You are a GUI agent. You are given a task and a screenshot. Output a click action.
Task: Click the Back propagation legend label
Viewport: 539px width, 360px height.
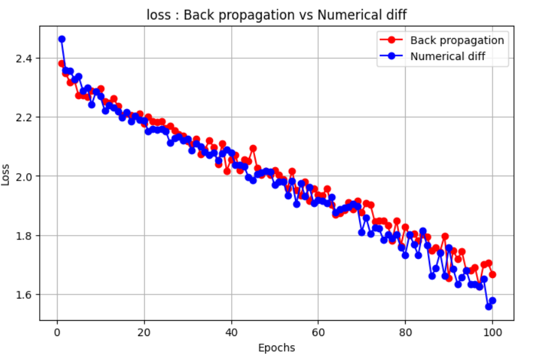(456, 40)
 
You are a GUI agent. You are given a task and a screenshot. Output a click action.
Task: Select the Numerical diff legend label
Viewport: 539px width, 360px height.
(450, 58)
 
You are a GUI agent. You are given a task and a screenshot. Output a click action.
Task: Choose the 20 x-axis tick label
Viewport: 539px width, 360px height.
(144, 332)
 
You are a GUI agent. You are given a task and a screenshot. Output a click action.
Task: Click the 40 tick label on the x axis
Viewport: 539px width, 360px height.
(232, 332)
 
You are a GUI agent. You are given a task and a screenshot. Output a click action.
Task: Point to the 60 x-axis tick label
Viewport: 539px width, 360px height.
(319, 332)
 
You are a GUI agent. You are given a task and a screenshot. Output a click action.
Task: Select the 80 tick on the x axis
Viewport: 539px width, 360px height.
(406, 332)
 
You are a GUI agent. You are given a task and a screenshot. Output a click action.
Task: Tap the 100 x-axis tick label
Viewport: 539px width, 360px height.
(493, 332)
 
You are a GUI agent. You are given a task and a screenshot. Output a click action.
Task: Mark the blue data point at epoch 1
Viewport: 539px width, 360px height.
(62, 39)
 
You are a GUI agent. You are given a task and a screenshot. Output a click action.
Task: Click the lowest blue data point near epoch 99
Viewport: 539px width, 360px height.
(488, 306)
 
